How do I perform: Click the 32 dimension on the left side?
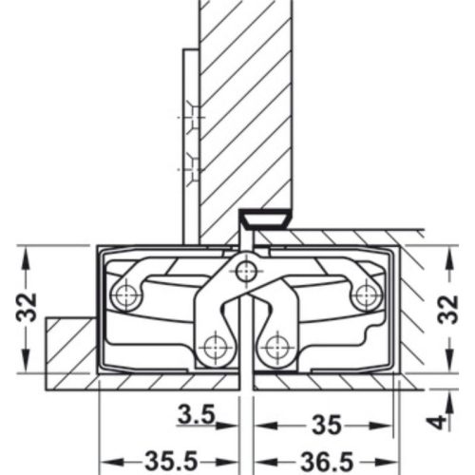[29, 306]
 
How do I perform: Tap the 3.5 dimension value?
[195, 414]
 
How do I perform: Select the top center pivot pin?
[247, 273]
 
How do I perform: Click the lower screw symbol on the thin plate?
[194, 170]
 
